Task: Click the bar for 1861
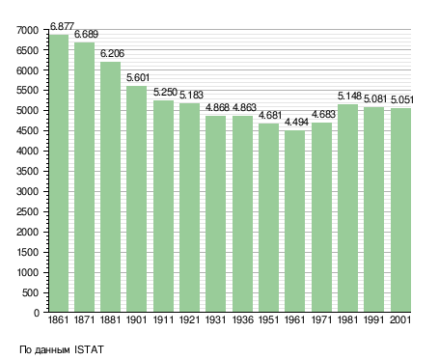[59, 173]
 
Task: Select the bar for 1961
[294, 221]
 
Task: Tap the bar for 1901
[136, 199]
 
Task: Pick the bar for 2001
[400, 209]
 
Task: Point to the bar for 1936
[242, 213]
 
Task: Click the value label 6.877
[62, 26]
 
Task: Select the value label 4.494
[296, 123]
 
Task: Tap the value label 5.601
[138, 77]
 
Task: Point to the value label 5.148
[349, 96]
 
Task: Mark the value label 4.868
[217, 107]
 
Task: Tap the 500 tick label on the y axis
[31, 292]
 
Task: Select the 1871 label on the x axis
[84, 319]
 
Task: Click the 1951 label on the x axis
[268, 319]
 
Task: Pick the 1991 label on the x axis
[374, 319]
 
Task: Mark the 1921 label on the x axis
[189, 319]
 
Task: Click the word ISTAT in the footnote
[89, 349]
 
